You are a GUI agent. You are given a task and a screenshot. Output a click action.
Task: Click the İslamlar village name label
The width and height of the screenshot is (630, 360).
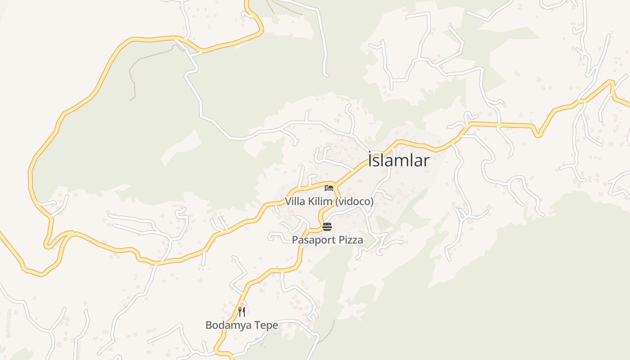point(399,161)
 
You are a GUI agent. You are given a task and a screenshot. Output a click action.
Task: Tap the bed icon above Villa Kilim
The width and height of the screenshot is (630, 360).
point(328,188)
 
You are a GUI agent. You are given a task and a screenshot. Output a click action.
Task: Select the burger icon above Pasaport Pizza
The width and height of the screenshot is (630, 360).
point(327,226)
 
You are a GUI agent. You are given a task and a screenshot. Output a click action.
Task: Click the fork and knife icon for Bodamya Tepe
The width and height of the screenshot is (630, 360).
point(242,311)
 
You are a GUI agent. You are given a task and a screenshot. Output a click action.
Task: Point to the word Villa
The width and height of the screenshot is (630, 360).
point(295,202)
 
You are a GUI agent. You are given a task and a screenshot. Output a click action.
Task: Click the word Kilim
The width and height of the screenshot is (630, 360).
point(319,202)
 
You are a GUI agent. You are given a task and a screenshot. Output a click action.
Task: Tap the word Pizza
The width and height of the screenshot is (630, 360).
point(351,240)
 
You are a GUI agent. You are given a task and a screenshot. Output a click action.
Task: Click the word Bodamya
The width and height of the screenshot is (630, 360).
point(227,325)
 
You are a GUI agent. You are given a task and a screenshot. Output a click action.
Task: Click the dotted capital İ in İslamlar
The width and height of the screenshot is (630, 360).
point(371,160)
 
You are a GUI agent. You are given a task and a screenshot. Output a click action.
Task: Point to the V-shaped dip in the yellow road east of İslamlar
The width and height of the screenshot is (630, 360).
point(537,134)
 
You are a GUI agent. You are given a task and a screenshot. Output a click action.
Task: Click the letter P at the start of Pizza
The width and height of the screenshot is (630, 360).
point(342,240)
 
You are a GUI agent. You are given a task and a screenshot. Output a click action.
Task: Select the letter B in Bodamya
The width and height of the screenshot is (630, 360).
point(209,325)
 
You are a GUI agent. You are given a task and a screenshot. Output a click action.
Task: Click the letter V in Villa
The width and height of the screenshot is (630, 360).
point(288,202)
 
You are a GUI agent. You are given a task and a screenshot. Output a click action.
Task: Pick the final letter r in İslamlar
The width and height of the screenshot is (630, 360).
point(426,161)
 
